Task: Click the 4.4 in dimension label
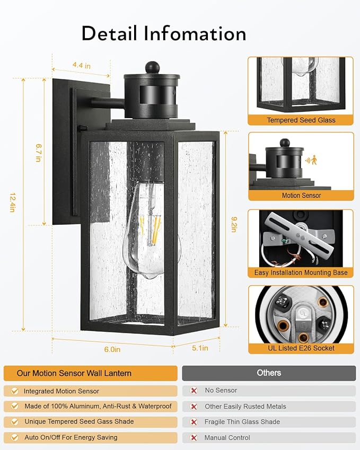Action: pyautogui.click(x=81, y=65)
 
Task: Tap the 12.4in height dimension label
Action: pyautogui.click(x=11, y=202)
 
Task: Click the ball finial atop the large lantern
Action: pyautogui.click(x=152, y=67)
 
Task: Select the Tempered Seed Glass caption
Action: pyautogui.click(x=301, y=120)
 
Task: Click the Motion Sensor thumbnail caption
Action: pyautogui.click(x=301, y=196)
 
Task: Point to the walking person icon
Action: pyautogui.click(x=314, y=160)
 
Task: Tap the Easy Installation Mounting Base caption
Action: pyautogui.click(x=301, y=272)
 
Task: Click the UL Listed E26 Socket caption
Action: pyautogui.click(x=301, y=348)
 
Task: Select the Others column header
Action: pyautogui.click(x=269, y=373)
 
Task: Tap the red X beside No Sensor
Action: pyautogui.click(x=194, y=391)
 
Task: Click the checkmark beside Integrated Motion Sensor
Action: pyautogui.click(x=13, y=391)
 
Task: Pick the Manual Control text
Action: pyautogui.click(x=227, y=438)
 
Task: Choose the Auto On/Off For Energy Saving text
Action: pyautogui.click(x=71, y=438)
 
